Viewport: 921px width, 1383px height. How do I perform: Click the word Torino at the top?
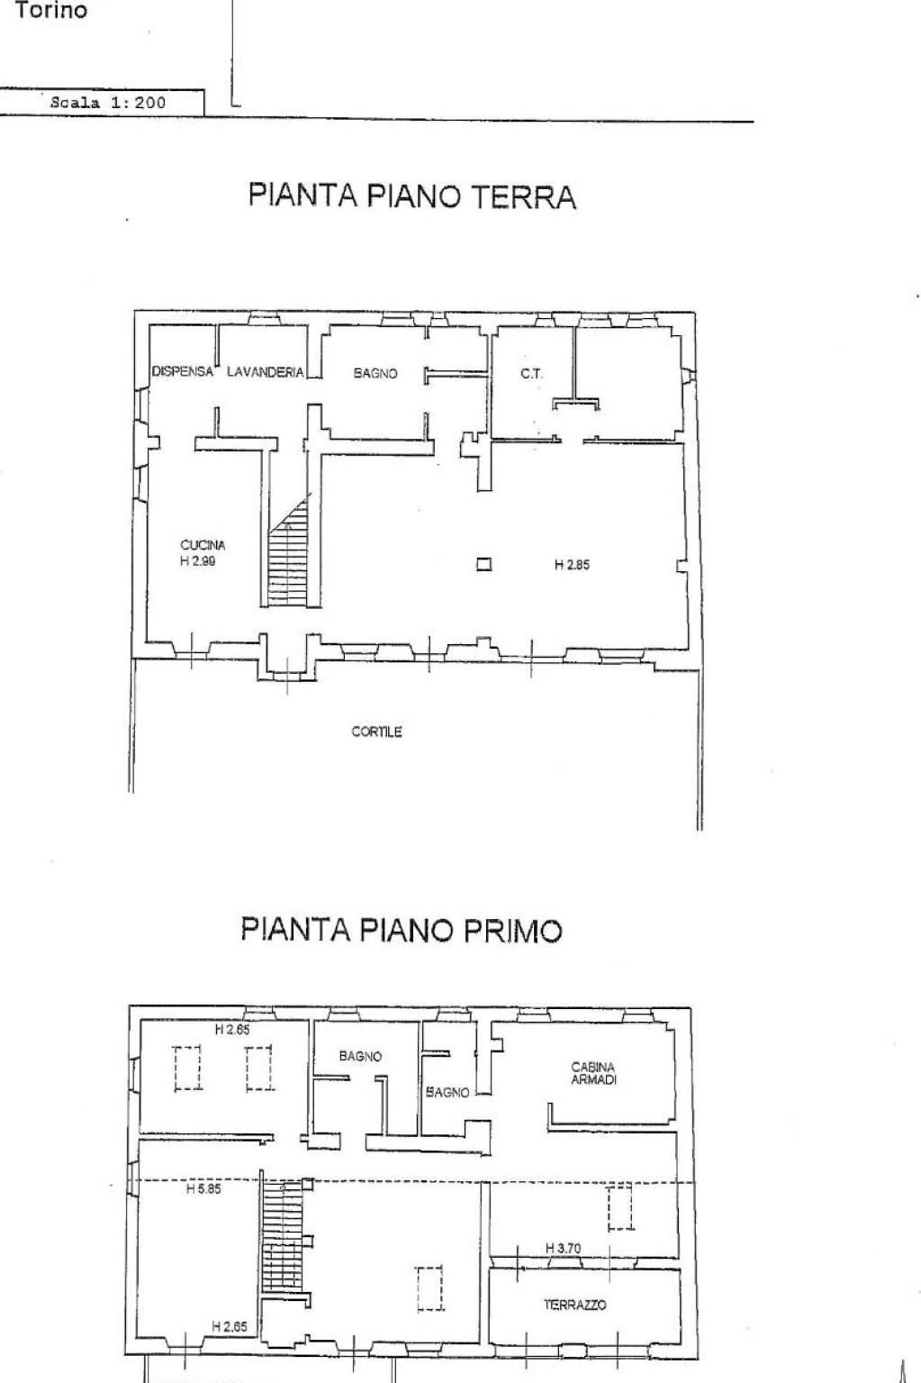51,11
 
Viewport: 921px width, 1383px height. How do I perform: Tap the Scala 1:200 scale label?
108,103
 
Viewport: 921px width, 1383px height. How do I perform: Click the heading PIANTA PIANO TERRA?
412,196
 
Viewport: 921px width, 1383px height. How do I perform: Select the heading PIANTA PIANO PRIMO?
402,930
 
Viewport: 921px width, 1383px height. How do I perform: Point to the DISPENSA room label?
182,371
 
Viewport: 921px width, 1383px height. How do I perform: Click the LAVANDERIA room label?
265,371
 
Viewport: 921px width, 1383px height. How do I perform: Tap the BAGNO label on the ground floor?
375,373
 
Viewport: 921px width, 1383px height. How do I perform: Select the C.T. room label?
531,373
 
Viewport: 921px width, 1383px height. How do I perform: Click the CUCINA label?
203,544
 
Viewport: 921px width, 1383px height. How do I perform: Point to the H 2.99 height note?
198,560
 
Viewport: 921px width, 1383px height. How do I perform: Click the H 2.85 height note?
572,565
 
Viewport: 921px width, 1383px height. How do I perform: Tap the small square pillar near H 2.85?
484,565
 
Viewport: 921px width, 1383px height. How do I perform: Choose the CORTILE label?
376,732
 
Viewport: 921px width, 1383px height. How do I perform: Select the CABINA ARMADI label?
593,1073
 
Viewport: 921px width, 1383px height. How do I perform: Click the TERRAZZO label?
574,1304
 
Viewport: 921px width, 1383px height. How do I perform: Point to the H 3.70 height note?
564,1248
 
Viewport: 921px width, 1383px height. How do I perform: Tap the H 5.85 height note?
203,1189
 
